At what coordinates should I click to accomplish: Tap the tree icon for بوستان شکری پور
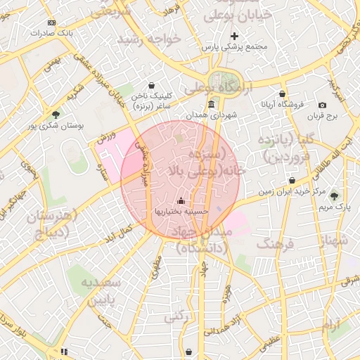click(56, 115)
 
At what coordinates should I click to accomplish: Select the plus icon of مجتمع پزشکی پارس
click(235, 36)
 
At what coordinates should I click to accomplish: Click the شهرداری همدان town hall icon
click(212, 105)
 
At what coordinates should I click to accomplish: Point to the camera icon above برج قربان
click(322, 105)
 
